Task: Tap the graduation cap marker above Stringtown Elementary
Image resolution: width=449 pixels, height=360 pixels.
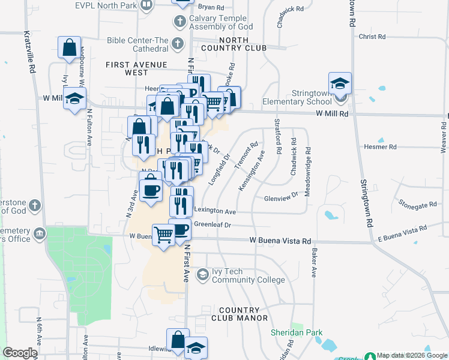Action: [340, 83]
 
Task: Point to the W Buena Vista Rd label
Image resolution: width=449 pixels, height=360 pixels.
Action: [280, 241]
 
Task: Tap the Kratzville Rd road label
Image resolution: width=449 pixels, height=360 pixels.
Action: [28, 53]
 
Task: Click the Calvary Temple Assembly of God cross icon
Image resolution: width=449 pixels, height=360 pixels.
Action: [179, 22]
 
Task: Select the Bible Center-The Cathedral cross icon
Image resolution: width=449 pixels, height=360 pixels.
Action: [176, 44]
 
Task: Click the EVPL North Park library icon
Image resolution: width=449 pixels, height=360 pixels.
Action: [146, 5]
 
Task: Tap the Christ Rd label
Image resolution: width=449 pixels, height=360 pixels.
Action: [372, 37]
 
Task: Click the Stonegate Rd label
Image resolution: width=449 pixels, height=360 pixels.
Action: [417, 205]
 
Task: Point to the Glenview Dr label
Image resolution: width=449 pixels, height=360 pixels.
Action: [281, 198]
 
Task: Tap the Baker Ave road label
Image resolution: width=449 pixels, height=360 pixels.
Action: [313, 263]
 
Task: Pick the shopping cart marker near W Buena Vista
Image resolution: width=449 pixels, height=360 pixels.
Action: [163, 233]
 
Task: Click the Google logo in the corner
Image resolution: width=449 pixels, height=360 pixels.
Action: [20, 353]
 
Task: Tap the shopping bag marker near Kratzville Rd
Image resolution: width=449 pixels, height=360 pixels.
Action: [69, 47]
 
